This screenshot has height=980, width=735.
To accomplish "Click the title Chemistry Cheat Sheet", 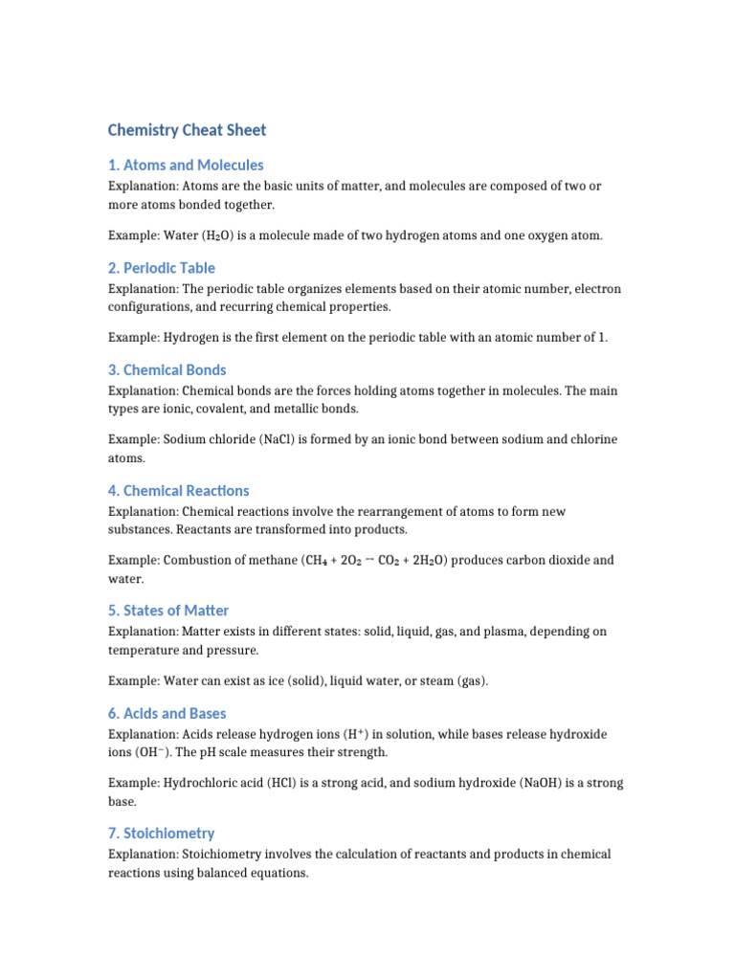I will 187,130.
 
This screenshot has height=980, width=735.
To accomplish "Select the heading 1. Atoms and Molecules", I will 186,165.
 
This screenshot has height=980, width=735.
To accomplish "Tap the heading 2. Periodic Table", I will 162,268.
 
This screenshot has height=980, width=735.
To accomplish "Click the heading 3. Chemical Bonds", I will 167,369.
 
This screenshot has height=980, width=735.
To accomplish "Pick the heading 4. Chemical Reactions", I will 179,490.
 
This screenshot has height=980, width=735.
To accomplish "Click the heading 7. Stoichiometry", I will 162,833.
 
